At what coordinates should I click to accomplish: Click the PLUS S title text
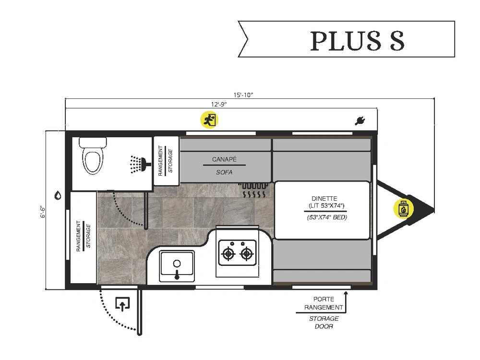[x=357, y=41]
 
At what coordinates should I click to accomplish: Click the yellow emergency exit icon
[x=209, y=120]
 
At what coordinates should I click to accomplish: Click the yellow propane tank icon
[x=402, y=209]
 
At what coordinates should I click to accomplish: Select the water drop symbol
[x=58, y=195]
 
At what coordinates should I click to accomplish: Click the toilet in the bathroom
[x=93, y=156]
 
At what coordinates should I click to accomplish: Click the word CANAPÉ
[x=225, y=159]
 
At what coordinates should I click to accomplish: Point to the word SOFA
[x=224, y=172]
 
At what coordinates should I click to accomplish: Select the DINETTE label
[x=324, y=198]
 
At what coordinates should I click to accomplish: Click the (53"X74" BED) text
[x=327, y=217]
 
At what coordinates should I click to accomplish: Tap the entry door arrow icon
[x=123, y=303]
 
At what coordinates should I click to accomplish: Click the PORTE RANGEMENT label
[x=324, y=303]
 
